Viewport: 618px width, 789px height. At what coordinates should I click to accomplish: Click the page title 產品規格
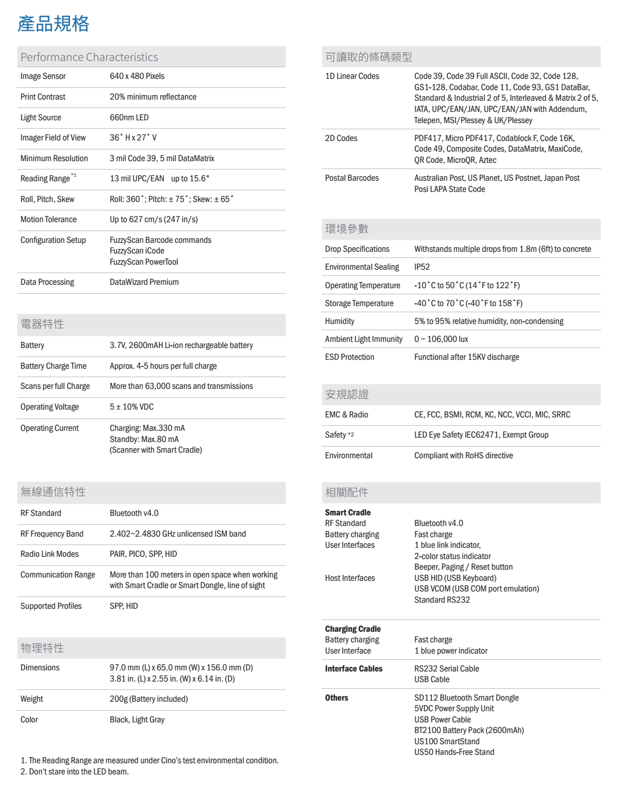point(54,24)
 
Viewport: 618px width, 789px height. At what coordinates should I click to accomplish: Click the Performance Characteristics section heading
point(89,57)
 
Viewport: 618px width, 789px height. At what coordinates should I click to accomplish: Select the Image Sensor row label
point(43,76)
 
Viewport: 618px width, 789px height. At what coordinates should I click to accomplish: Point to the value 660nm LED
point(129,118)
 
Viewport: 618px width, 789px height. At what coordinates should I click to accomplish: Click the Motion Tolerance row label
point(49,219)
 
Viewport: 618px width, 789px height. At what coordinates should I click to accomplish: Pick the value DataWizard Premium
point(144,282)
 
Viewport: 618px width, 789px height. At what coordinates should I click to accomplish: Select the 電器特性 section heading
point(42,324)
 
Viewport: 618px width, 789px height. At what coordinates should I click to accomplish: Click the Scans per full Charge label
point(55,386)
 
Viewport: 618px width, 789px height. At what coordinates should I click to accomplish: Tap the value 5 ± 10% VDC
point(131,407)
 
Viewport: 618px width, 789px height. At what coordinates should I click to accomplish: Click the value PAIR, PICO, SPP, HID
point(143,554)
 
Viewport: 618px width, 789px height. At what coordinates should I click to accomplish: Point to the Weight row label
point(32,699)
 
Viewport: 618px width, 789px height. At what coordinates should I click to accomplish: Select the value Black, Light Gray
point(137,720)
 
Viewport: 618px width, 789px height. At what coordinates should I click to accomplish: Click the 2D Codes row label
point(341,138)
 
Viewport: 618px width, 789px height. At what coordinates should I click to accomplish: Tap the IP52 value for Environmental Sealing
point(422,267)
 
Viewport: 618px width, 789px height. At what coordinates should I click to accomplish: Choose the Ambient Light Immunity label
point(364,339)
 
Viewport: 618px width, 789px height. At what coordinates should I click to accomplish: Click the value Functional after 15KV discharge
point(466,357)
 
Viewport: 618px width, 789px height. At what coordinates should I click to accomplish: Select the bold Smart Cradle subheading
point(348,513)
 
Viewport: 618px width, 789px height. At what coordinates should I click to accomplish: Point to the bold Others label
point(337,698)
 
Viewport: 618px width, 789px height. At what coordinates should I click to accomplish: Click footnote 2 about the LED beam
point(74,772)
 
